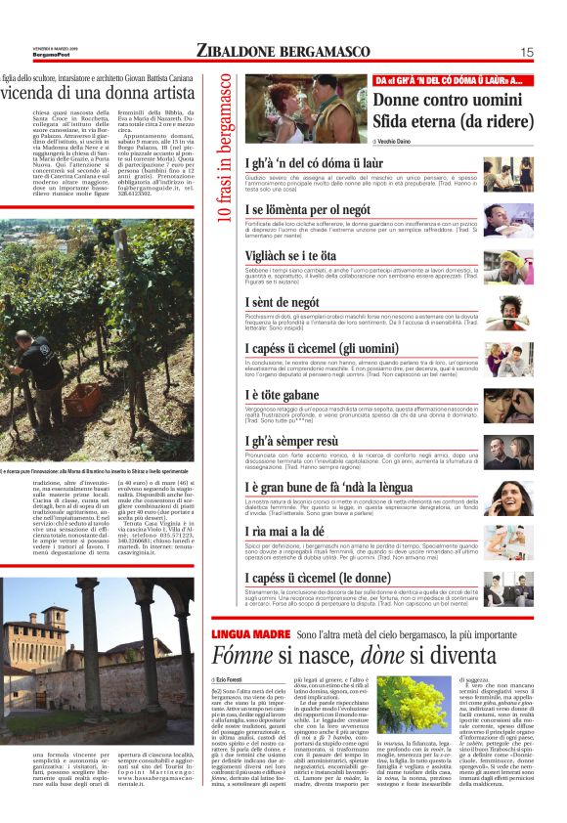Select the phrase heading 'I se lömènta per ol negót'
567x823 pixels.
(308, 210)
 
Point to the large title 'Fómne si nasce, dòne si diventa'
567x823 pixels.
(371, 658)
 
